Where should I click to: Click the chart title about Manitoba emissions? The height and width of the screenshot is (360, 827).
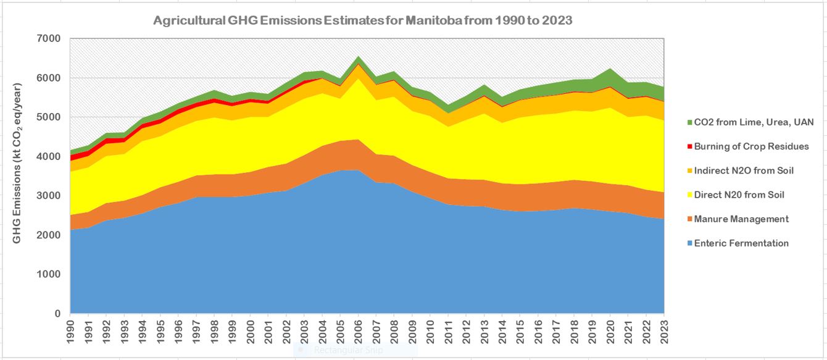363,20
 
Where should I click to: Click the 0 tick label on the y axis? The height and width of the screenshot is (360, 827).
58,314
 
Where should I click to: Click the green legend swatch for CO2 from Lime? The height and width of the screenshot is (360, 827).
678,122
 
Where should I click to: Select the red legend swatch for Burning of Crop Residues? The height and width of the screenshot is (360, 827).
678,146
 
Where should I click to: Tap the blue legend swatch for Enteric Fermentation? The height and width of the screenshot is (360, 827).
678,243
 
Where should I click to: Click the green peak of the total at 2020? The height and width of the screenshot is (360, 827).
610,70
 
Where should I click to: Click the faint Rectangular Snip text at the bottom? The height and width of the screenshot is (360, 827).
348,350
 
